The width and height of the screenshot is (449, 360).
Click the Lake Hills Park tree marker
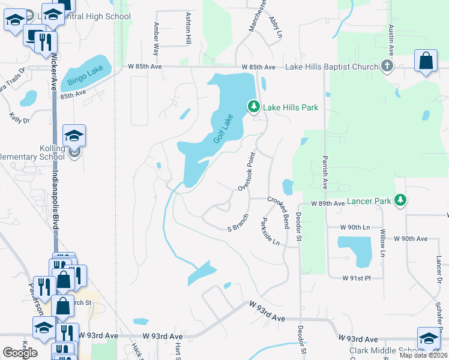[x=254, y=107]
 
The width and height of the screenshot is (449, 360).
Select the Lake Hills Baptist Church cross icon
[x=387, y=66]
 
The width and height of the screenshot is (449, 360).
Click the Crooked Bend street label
[x=279, y=211]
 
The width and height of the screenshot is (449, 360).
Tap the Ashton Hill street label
[x=188, y=28]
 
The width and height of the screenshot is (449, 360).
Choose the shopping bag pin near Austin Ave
[x=426, y=61]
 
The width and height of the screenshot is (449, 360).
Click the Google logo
[x=20, y=353]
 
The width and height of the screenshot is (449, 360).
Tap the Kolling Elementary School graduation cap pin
[x=74, y=136]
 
